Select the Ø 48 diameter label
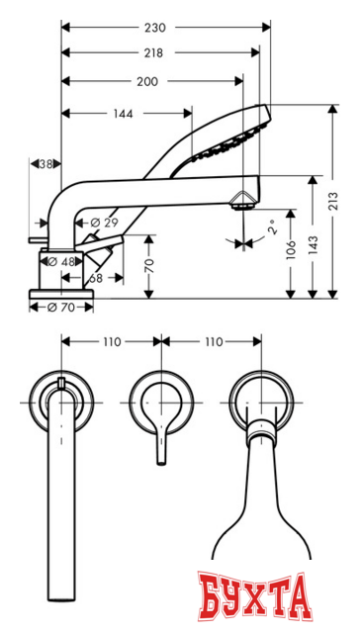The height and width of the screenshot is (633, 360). (63, 261)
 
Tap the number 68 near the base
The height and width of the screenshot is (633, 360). (95, 278)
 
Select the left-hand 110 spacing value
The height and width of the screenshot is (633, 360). (110, 341)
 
